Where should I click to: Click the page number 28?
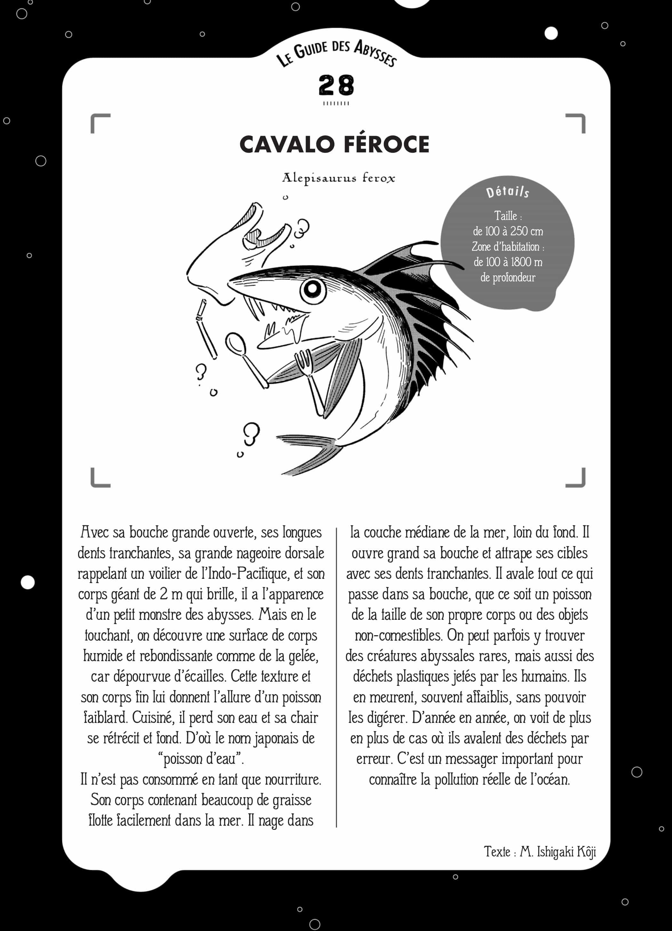click(336, 85)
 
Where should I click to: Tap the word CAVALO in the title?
click(287, 144)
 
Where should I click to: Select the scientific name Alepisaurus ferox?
click(339, 178)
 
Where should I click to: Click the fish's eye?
click(313, 289)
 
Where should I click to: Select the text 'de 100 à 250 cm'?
click(508, 231)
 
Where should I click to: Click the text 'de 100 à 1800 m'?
click(508, 262)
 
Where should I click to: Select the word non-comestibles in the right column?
click(398, 635)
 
